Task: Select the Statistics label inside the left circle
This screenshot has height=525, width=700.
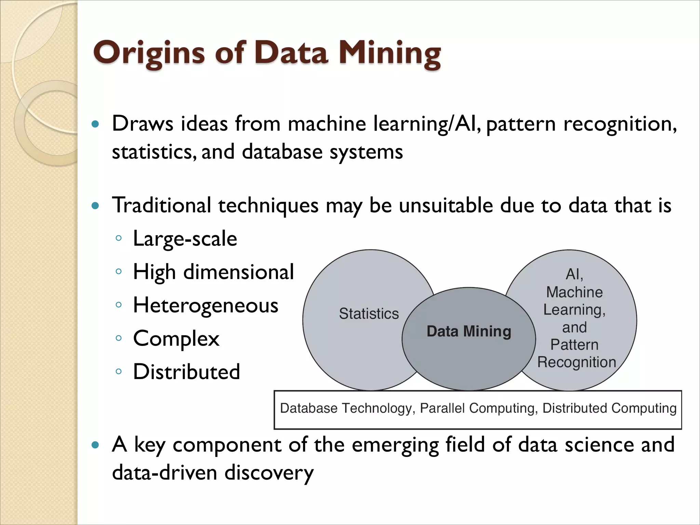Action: pos(369,313)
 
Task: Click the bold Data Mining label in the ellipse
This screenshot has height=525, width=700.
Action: pos(469,331)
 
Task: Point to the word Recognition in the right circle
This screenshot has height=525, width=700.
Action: pos(577,362)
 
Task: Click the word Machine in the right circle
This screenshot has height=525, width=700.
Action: pos(574,292)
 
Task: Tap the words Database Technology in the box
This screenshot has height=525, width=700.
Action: pos(346,408)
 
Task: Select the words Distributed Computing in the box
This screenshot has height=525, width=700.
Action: pos(609,408)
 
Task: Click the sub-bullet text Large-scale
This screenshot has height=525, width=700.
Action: pos(185,239)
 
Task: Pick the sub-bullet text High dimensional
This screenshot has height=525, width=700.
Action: pos(213,272)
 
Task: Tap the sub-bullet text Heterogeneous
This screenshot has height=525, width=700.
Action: pos(205,305)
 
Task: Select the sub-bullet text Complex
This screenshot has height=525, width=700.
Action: pos(176,339)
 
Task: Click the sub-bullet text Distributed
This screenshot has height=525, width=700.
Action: pos(186,372)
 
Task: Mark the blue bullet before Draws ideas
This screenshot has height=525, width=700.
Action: pos(96,124)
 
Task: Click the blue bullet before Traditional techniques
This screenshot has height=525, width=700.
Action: pos(96,206)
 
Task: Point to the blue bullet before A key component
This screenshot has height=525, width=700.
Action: pos(96,445)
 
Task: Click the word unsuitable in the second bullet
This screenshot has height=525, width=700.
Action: pos(446,206)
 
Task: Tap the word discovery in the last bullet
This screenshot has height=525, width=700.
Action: pos(269,473)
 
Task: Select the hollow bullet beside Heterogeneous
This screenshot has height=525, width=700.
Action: pos(119,305)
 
